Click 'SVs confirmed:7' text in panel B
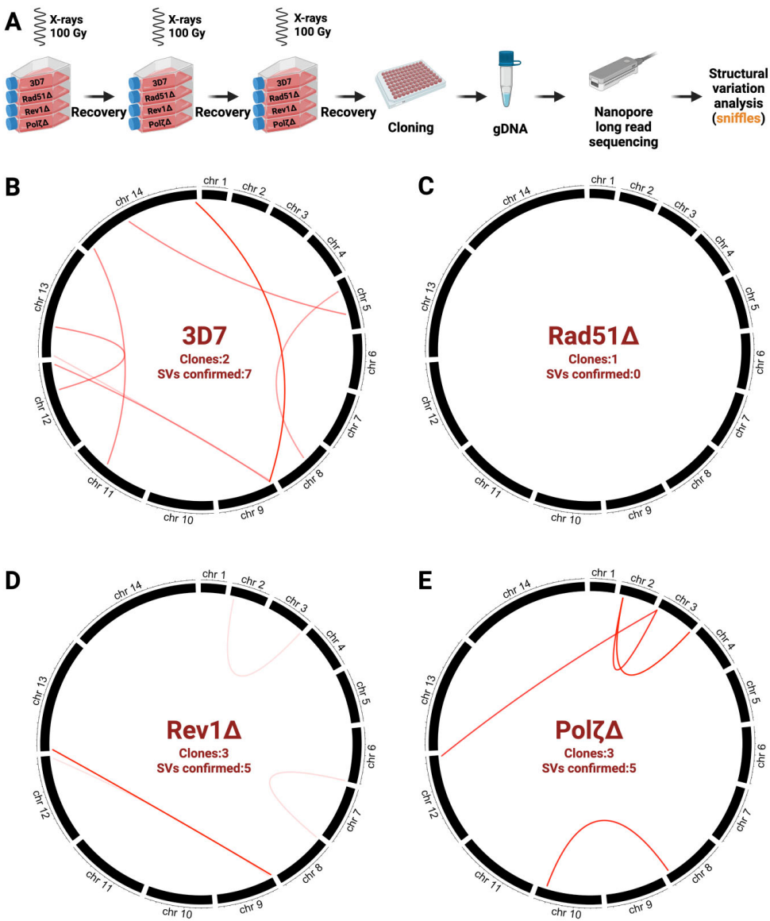pyautogui.click(x=204, y=373)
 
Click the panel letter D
pyautogui.click(x=13, y=580)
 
